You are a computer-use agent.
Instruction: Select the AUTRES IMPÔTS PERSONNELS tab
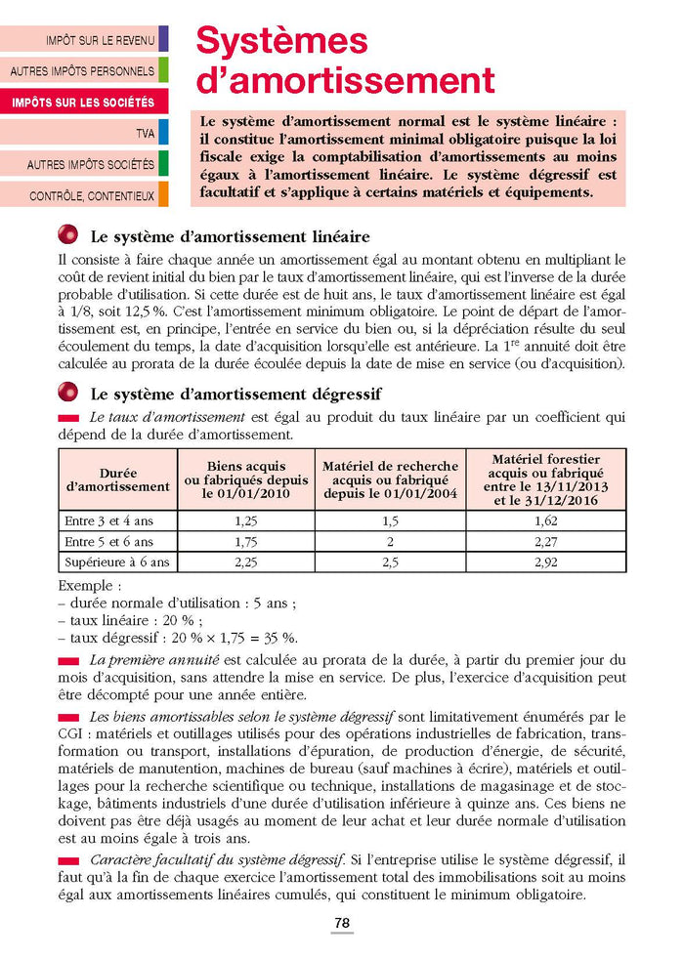[x=82, y=71]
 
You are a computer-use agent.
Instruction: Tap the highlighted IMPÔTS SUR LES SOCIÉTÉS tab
[x=83, y=102]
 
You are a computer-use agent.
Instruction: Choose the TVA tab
[x=146, y=133]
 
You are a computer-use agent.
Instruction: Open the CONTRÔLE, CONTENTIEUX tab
[x=92, y=195]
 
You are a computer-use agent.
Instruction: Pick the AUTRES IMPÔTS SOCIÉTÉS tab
[x=90, y=164]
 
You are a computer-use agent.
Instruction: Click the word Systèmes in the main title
[x=281, y=41]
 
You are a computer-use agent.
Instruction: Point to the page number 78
[x=342, y=923]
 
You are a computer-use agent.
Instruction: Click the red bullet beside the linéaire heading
[x=68, y=235]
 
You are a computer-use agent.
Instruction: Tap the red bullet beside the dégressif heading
[x=68, y=393]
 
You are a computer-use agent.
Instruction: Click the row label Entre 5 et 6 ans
[x=108, y=541]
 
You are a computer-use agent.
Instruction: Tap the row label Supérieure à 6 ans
[x=117, y=562]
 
